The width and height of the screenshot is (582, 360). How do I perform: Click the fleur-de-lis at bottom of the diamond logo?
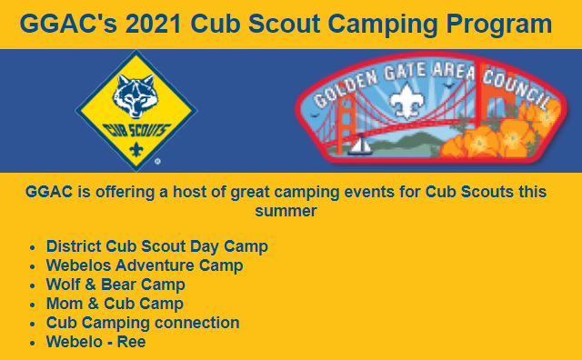click(x=135, y=149)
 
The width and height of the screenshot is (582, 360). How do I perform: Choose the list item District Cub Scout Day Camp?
click(x=156, y=246)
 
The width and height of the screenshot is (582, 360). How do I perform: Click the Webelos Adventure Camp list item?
click(x=145, y=265)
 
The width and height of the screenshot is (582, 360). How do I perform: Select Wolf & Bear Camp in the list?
click(x=115, y=285)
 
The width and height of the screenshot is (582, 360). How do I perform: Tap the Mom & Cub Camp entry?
click(x=115, y=304)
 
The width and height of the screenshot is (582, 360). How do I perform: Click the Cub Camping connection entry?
click(x=143, y=323)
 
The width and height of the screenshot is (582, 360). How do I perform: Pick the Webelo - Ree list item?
click(x=95, y=342)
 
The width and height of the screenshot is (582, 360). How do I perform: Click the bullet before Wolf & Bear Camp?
click(x=34, y=285)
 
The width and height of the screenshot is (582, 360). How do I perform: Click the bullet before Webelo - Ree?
click(x=34, y=343)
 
